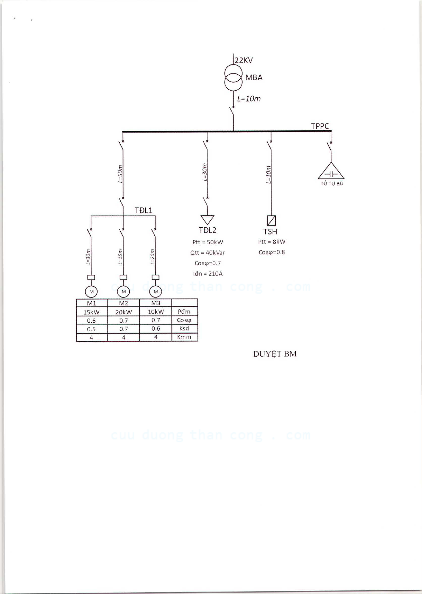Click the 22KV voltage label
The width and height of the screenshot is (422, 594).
(244, 60)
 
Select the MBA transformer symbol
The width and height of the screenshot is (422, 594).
(233, 78)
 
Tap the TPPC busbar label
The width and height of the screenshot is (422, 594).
(320, 126)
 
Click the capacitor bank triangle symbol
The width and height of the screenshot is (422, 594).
(331, 172)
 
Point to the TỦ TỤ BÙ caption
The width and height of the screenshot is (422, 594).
(332, 183)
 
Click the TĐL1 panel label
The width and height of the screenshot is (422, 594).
(143, 210)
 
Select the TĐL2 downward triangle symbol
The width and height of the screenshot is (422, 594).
(207, 220)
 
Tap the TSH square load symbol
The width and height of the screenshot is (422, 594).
(271, 221)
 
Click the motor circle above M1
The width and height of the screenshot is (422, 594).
(91, 292)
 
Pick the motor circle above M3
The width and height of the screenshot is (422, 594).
(156, 292)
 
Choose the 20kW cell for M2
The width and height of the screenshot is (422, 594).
(124, 312)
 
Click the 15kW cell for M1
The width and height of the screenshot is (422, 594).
(91, 312)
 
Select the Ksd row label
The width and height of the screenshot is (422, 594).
(184, 328)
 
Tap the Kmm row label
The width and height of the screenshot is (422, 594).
(184, 337)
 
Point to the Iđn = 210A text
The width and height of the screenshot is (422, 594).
(208, 274)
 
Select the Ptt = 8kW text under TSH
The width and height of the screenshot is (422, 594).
(272, 242)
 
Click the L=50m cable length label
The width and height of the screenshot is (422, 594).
(120, 174)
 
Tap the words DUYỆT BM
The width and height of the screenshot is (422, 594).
(275, 354)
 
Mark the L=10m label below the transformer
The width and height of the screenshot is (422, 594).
(249, 99)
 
